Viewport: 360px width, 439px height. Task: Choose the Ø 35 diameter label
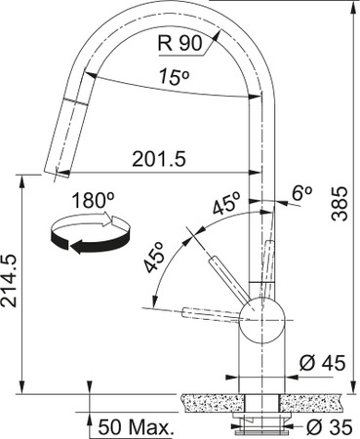point(327,426)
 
